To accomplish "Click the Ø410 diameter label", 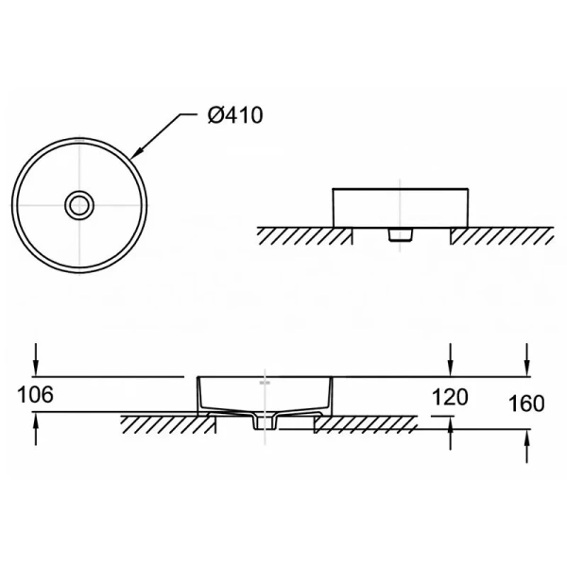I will click(233, 115).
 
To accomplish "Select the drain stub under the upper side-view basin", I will click(401, 232).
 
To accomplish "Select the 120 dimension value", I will click(449, 397).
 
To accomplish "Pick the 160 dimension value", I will click(526, 404).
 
